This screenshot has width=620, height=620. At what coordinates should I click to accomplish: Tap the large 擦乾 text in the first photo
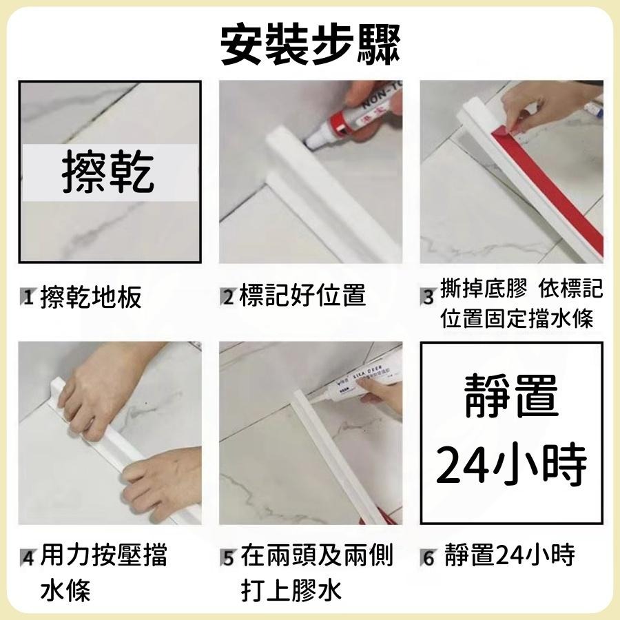tap(109, 172)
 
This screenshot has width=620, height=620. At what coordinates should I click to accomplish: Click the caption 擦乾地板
tap(91, 298)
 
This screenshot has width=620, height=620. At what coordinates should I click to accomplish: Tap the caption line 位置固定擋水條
tap(517, 319)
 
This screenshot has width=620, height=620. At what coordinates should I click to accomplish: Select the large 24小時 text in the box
tap(511, 466)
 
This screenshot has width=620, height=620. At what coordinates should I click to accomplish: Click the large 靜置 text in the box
tap(511, 397)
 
